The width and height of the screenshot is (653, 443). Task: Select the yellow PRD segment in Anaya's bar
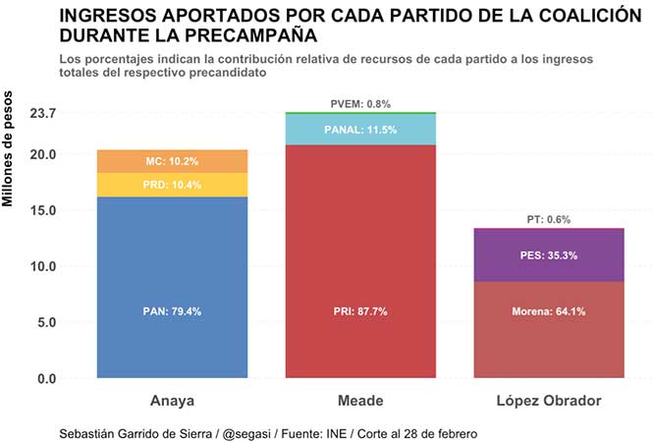[x=172, y=185]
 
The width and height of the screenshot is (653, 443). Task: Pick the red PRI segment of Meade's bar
[x=360, y=246]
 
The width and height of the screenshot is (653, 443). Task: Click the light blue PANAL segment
[x=360, y=130]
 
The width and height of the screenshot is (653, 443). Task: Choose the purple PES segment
[x=548, y=255]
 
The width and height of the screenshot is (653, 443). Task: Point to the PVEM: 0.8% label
[x=360, y=103]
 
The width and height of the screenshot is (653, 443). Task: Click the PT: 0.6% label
[x=548, y=219]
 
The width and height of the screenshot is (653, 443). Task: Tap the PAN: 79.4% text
[x=172, y=311]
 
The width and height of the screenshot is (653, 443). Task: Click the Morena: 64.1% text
[x=548, y=311]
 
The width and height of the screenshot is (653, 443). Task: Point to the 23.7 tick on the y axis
[x=43, y=113]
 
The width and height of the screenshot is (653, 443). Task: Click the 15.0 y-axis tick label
[x=43, y=210]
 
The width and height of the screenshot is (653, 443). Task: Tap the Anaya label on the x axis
[x=172, y=401]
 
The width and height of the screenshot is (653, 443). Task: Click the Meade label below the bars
[x=360, y=401]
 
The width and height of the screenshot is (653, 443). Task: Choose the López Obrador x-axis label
[x=548, y=401]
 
